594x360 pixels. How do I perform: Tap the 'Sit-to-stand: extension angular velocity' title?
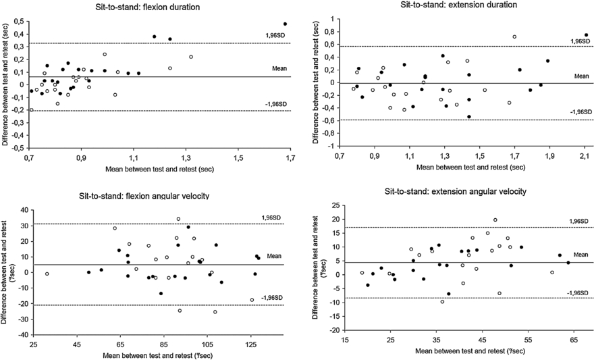pyautogui.click(x=456, y=192)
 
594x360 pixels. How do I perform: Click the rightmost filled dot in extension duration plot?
pyautogui.click(x=586, y=35)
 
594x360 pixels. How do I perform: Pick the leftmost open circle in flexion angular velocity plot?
pyautogui.click(x=47, y=274)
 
